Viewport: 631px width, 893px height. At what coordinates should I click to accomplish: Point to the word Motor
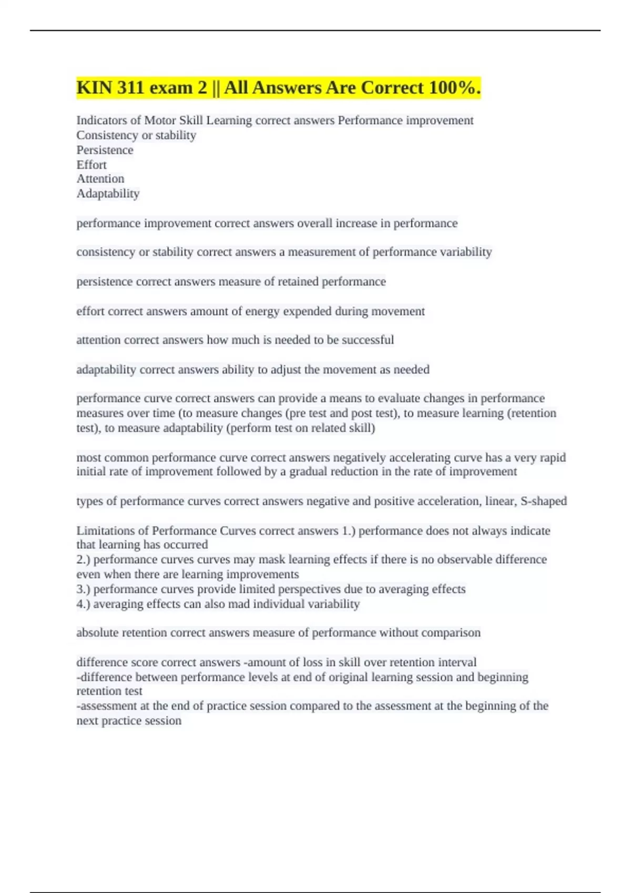click(160, 120)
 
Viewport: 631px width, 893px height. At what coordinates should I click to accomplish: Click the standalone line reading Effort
click(91, 164)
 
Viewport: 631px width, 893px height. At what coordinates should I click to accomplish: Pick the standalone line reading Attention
click(100, 179)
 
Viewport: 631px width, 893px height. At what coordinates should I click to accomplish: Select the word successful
click(368, 340)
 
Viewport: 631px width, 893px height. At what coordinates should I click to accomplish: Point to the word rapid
click(552, 458)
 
